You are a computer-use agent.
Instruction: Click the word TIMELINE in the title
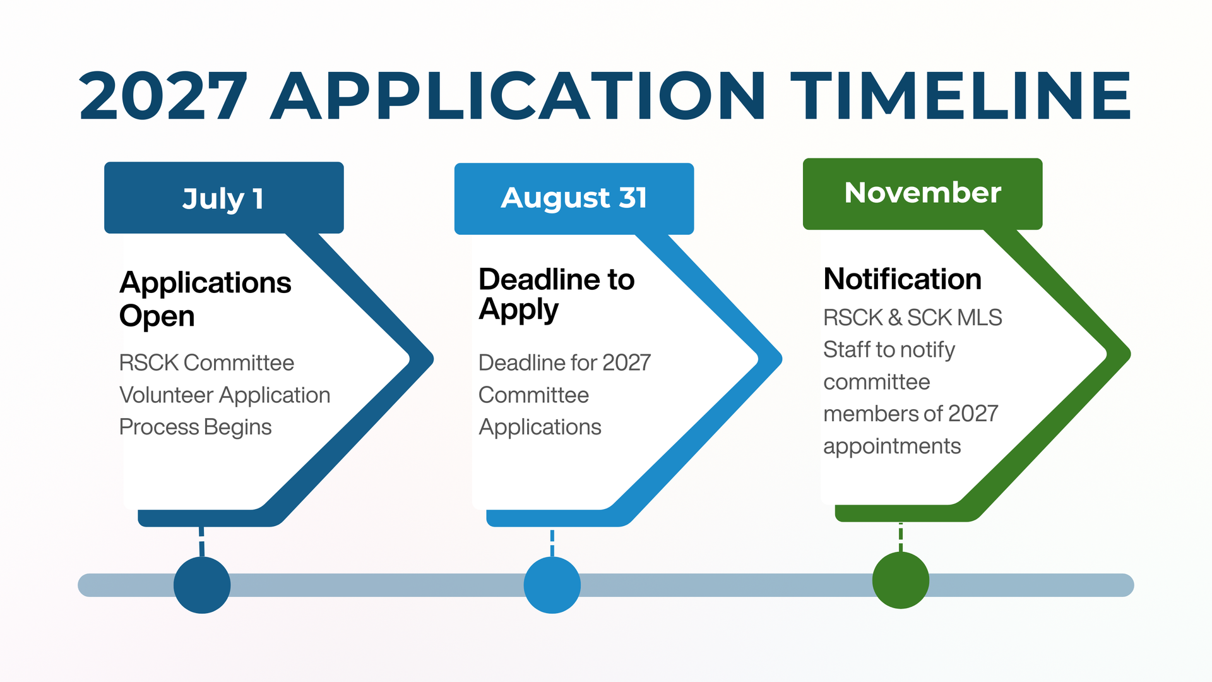[x=961, y=95]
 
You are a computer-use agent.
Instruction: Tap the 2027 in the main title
[x=163, y=95]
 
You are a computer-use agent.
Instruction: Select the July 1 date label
[x=223, y=199]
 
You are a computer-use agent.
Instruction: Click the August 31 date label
[x=574, y=198]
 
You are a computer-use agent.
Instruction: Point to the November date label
[x=923, y=193]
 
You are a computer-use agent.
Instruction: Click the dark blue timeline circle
[x=202, y=585]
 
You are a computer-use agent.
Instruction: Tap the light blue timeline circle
[x=552, y=585]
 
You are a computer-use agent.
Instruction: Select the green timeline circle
[x=901, y=580]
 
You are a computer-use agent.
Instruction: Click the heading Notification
[x=903, y=279]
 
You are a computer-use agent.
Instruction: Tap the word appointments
[x=892, y=447]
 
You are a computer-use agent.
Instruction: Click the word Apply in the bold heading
[x=519, y=311]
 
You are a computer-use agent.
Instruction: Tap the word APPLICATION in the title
[x=518, y=95]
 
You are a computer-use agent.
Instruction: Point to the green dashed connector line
[x=901, y=537]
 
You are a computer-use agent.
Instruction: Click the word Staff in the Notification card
[x=847, y=350]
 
